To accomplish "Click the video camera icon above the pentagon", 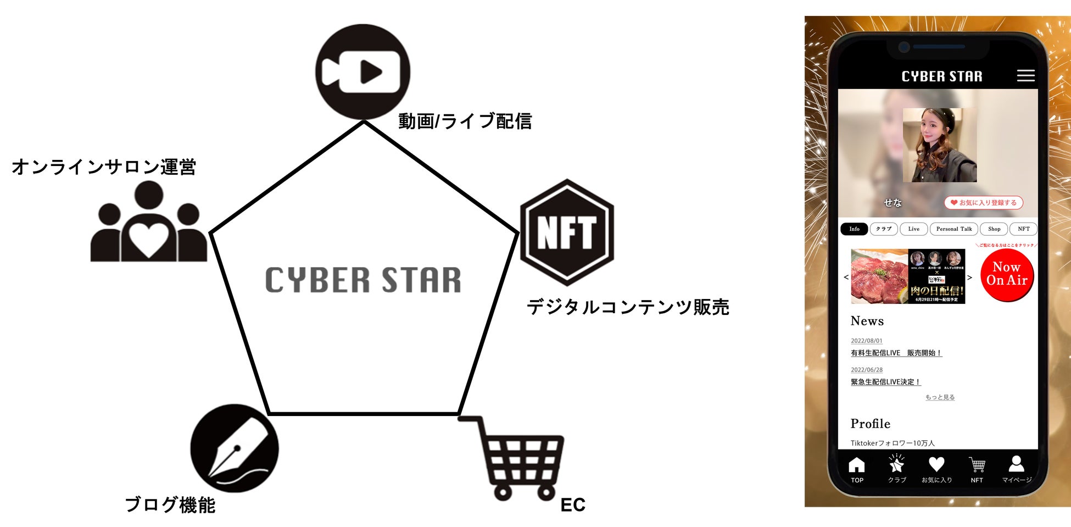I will [x=362, y=72].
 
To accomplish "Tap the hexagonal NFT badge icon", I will [x=567, y=232].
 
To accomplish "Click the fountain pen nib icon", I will [x=235, y=448].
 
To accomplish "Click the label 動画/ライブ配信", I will [x=465, y=121].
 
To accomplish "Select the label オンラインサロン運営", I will [x=104, y=167].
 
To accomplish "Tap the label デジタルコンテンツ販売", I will [x=628, y=307].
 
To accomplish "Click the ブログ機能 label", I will [x=170, y=504].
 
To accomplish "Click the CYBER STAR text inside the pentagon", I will [x=363, y=280].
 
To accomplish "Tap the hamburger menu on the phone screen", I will [x=1025, y=76].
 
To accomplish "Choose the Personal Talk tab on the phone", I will [x=953, y=229].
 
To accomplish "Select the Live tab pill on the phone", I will [x=913, y=229].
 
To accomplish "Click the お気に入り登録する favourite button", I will [x=984, y=203].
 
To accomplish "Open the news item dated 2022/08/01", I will [x=896, y=353].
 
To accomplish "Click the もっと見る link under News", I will [x=940, y=397].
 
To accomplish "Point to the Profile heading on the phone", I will [x=870, y=424].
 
